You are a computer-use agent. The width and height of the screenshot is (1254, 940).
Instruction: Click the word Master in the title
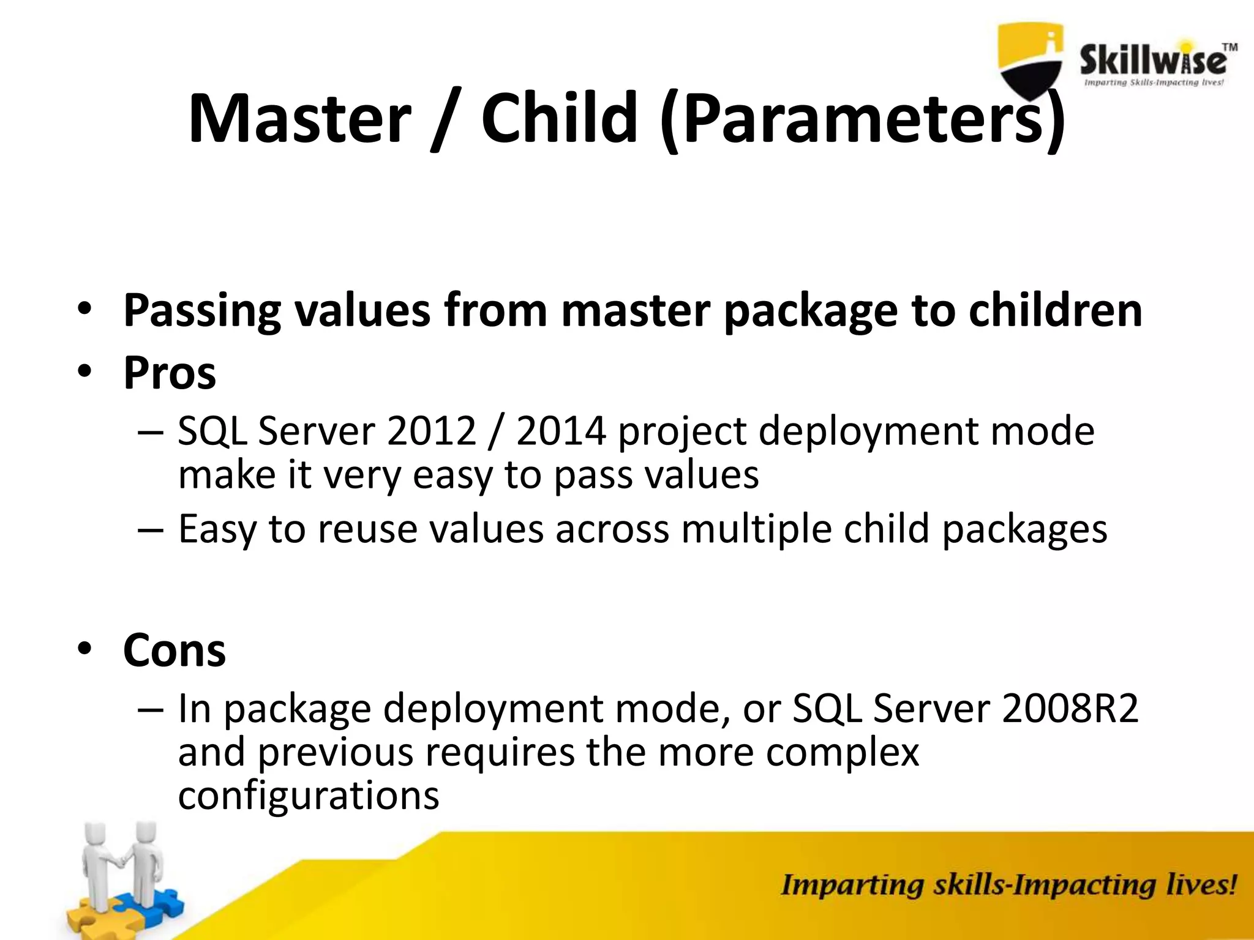click(x=299, y=118)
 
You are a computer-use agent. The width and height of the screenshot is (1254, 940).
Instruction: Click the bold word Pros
click(x=170, y=373)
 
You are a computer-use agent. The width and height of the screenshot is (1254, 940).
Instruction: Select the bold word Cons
click(x=175, y=650)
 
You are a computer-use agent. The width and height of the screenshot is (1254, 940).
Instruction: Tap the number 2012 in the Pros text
click(x=432, y=431)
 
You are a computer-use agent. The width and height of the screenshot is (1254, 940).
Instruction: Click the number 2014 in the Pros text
click(x=561, y=431)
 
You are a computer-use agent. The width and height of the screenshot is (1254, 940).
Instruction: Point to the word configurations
click(x=309, y=796)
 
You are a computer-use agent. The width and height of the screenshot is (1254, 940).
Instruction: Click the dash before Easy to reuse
click(x=151, y=530)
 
